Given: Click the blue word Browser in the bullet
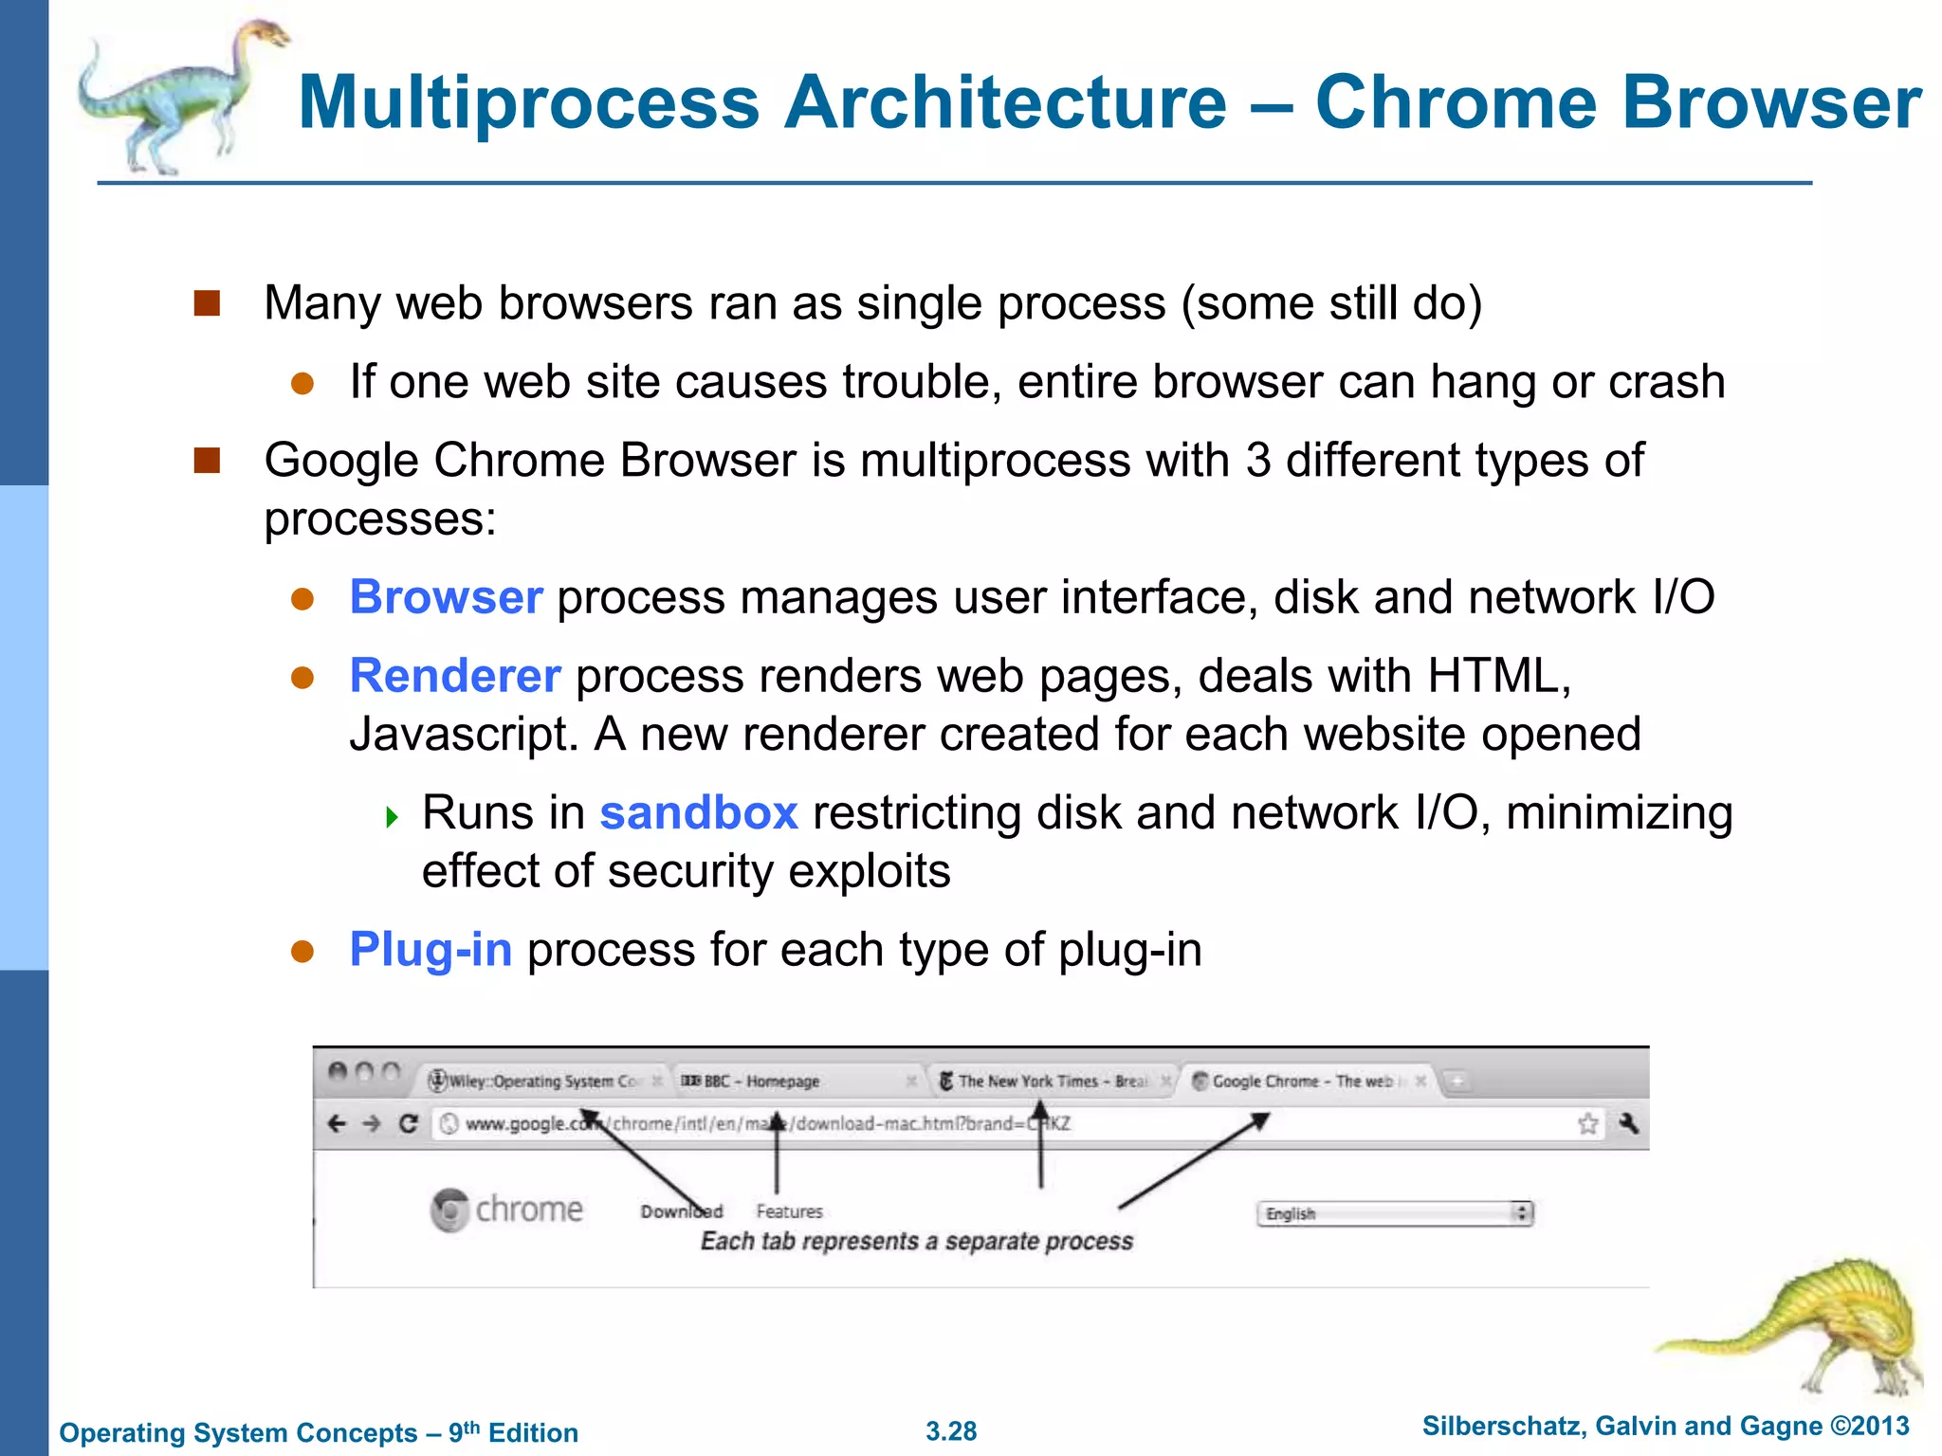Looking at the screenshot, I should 446,597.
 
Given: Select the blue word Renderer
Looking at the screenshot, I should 455,676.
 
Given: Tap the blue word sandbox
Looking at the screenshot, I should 699,813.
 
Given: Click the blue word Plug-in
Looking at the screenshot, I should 431,950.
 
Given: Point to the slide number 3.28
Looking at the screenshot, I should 951,1431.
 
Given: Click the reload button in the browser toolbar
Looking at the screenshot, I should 409,1124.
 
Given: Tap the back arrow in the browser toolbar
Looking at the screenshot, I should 337,1124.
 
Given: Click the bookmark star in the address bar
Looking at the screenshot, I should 1587,1124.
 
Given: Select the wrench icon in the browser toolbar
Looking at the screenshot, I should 1629,1124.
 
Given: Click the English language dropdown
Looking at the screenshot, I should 1394,1213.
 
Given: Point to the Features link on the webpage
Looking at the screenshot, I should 789,1211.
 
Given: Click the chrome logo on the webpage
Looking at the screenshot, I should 506,1210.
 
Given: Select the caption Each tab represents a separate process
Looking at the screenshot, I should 916,1242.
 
